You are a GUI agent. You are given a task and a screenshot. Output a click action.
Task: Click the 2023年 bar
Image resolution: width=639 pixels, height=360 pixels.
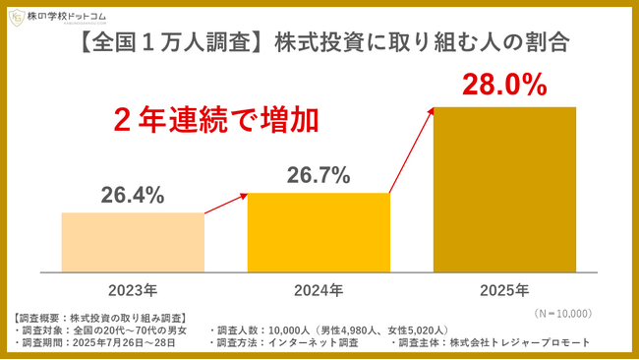coord(133,241)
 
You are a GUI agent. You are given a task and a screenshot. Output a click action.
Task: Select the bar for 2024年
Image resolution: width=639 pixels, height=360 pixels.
coord(318,231)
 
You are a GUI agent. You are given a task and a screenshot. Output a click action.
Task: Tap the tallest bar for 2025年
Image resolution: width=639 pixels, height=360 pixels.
coord(504,188)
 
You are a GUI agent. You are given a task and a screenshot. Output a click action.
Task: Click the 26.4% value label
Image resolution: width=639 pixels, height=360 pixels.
coord(133,196)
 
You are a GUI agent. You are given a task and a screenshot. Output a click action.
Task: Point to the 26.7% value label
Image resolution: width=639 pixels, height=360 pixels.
coord(318,176)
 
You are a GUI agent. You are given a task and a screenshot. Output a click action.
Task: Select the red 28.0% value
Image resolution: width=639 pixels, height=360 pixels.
coord(504,86)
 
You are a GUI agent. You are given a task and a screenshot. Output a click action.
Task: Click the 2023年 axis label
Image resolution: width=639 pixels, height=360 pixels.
coord(133,290)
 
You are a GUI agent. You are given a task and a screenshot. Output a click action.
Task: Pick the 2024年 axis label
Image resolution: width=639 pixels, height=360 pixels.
coord(318,290)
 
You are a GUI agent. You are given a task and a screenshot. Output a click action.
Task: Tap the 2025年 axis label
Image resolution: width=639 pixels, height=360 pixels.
coord(504,290)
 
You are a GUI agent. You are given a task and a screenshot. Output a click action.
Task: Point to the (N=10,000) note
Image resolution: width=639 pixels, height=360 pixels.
coord(557,312)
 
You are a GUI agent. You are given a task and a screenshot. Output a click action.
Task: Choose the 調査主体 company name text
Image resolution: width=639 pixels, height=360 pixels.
coord(491,342)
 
